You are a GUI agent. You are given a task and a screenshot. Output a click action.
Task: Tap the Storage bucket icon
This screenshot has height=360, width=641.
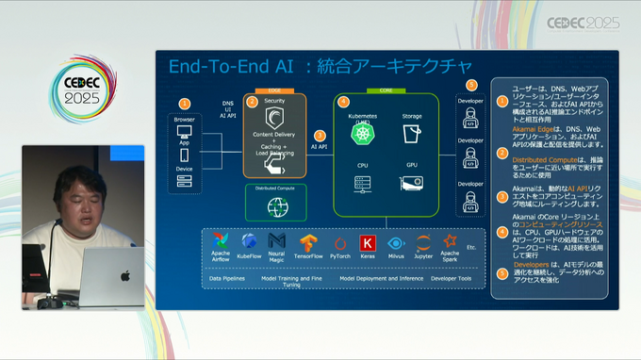(x=411, y=135)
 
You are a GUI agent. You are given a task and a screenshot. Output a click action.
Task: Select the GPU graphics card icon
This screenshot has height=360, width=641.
(x=411, y=180)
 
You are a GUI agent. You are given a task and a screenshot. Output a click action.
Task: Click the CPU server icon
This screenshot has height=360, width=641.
(x=361, y=181)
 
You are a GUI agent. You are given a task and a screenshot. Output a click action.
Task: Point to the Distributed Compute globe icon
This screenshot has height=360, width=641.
(x=275, y=205)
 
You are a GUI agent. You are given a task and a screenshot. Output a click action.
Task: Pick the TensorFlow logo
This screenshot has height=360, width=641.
(x=307, y=242)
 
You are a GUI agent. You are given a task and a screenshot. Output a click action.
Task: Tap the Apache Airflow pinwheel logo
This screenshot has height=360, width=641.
(x=221, y=242)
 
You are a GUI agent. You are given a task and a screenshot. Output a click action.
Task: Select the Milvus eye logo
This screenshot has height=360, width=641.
(x=395, y=242)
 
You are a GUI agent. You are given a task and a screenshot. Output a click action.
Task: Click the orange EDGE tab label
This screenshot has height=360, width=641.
(x=275, y=90)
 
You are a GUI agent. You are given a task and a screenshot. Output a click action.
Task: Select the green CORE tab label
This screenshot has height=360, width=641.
(x=386, y=90)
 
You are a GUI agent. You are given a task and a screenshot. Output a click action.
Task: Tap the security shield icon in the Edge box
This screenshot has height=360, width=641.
(x=275, y=119)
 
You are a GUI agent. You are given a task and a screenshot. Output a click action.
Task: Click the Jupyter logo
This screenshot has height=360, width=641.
(x=423, y=242)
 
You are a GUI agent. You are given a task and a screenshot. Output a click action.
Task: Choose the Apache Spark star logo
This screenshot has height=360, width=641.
(x=451, y=241)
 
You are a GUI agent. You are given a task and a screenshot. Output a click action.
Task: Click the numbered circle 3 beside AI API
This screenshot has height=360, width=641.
(x=320, y=135)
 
